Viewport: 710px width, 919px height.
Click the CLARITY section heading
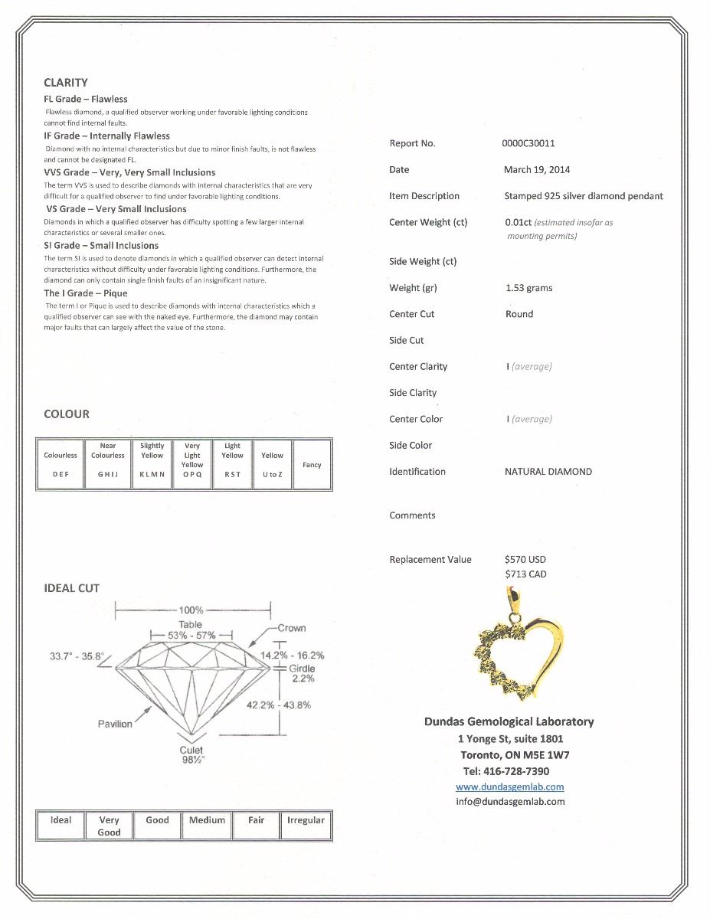66,83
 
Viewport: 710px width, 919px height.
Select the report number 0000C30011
528,143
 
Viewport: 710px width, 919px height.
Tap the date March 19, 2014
537,169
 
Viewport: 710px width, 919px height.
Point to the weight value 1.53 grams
528,288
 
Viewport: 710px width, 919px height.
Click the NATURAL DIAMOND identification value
548,472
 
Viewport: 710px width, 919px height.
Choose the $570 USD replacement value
525,559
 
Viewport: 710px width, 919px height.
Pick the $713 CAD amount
525,574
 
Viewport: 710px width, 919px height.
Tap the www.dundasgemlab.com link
509,787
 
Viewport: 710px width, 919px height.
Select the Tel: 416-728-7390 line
506,771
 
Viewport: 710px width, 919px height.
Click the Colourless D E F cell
61,465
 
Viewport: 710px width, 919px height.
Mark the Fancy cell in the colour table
312,465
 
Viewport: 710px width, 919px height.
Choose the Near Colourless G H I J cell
108,465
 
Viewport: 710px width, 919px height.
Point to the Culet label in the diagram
191,751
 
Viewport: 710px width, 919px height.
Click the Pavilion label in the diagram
115,724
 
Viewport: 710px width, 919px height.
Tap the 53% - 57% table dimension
191,636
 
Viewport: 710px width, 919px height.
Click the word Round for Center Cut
519,314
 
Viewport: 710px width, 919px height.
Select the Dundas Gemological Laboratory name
509,721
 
